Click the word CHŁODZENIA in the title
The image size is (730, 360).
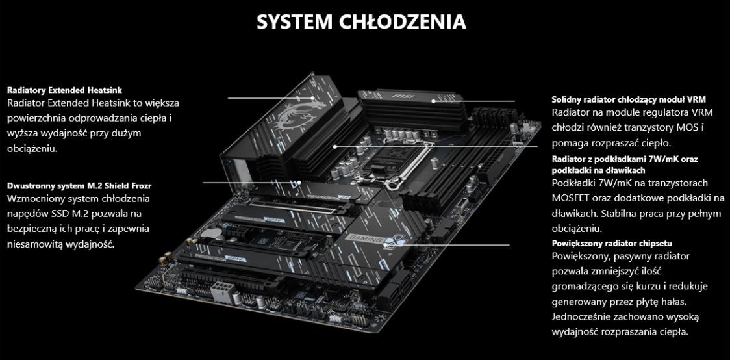coord(403,21)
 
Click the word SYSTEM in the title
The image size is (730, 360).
coord(294,22)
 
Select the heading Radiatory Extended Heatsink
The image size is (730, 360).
coord(65,90)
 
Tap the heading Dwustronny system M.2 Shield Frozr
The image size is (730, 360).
coord(79,186)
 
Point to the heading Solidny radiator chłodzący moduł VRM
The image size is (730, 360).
coord(629,99)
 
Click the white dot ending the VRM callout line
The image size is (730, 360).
coord(433,101)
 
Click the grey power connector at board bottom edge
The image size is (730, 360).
coord(221,292)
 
